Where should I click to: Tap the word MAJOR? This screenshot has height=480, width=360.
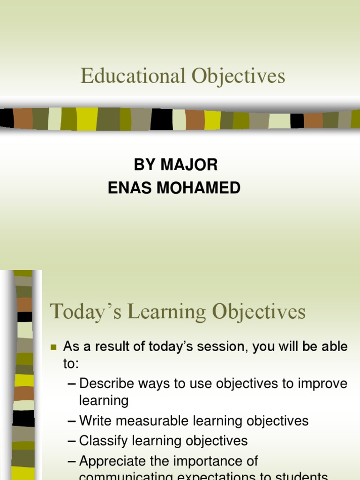point(189,165)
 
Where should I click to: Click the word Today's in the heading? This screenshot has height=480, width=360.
point(81,312)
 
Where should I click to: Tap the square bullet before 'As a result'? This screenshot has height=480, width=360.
point(53,348)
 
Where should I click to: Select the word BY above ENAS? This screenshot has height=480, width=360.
point(144,165)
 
